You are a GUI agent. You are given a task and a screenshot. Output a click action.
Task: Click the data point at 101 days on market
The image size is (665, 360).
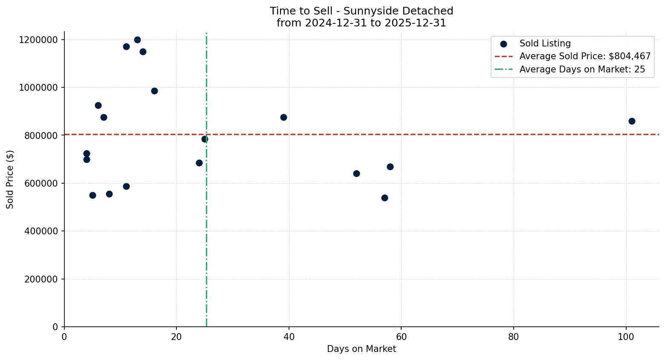tap(631, 121)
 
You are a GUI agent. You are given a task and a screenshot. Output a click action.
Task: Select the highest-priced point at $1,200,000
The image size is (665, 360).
tap(137, 40)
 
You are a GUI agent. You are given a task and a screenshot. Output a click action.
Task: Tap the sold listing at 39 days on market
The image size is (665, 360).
tap(283, 117)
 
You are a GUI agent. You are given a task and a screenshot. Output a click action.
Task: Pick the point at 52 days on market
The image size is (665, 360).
tap(356, 173)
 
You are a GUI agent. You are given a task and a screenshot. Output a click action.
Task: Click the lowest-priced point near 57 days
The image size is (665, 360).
tap(385, 198)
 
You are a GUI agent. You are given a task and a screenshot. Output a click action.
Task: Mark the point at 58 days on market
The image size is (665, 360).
tap(390, 167)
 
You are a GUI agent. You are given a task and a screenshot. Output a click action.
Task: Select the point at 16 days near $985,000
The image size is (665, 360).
tap(154, 91)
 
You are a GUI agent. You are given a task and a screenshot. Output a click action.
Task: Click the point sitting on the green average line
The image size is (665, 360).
tap(205, 139)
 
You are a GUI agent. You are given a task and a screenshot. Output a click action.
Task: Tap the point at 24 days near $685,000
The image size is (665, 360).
tap(199, 163)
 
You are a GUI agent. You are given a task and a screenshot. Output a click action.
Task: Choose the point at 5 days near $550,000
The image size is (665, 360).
tap(93, 195)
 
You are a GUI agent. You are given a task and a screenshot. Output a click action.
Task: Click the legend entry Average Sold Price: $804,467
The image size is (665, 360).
tap(584, 56)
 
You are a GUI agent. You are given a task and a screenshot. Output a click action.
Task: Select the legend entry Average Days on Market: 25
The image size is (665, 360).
tap(582, 69)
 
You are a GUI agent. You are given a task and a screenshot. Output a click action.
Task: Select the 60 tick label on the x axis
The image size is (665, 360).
tap(401, 337)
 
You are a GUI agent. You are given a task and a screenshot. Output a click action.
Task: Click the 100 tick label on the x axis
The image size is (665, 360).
tap(626, 337)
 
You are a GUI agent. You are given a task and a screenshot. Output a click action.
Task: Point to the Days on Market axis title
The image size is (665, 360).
tap(361, 349)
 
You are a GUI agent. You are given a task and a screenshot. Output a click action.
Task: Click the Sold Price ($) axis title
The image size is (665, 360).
tap(10, 179)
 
